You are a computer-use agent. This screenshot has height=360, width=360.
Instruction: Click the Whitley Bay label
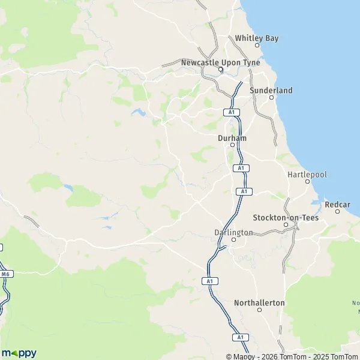(257, 38)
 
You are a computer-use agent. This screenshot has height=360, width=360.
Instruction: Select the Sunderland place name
(271, 90)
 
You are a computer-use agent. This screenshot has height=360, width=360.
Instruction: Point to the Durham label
(232, 137)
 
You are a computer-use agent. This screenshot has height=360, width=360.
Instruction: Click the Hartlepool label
(307, 173)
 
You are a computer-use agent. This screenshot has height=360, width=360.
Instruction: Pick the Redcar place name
(337, 205)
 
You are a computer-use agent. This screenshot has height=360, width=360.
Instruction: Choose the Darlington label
(233, 232)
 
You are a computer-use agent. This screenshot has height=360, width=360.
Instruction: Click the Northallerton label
(259, 302)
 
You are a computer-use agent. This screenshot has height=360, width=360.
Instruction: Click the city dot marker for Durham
(232, 145)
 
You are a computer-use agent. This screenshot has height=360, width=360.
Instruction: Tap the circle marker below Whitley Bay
(257, 45)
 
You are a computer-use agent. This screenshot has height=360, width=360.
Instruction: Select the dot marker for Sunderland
(271, 97)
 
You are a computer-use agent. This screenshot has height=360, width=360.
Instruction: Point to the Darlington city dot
(234, 239)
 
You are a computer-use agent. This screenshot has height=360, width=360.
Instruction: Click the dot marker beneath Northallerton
(259, 310)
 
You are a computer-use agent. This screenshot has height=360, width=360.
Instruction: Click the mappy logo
(19, 353)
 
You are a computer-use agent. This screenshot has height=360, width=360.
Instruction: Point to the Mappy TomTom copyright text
(292, 356)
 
